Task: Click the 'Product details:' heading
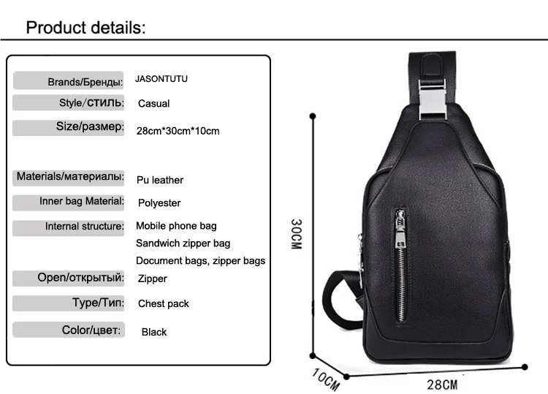[86, 28]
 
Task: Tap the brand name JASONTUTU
[167, 79]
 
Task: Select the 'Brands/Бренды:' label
[85, 82]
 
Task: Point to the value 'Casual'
[153, 104]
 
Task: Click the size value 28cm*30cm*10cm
[178, 131]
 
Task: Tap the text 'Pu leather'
[160, 180]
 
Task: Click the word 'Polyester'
[159, 202]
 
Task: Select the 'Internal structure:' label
[84, 227]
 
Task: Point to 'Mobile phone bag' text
[176, 226]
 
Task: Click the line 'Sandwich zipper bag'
[183, 243]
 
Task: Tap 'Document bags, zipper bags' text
[200, 260]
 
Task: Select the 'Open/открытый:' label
[80, 278]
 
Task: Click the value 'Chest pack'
[163, 303]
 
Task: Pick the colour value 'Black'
[154, 332]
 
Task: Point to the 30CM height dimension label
[295, 235]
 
